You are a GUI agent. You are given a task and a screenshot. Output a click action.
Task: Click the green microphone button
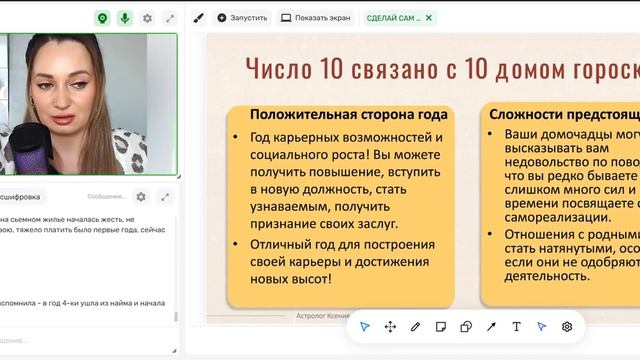click(x=125, y=18)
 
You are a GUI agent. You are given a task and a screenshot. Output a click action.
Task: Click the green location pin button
click(x=102, y=18)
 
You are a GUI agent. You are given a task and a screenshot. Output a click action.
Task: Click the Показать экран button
click(x=316, y=18)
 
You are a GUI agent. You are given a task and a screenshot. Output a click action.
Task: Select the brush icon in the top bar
click(x=198, y=18)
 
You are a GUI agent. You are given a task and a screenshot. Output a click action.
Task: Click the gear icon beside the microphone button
click(x=148, y=18)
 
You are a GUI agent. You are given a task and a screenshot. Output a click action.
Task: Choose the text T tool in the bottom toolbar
click(x=516, y=327)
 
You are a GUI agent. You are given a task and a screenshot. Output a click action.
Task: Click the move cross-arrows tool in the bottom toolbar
click(x=390, y=327)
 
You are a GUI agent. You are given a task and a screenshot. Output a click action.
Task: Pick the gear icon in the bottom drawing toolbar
click(x=567, y=327)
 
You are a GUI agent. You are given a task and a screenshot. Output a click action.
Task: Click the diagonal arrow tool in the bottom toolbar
click(x=491, y=327)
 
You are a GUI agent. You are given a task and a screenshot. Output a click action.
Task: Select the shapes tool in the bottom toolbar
click(x=466, y=327)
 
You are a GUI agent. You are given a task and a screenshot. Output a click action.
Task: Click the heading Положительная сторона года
click(x=348, y=114)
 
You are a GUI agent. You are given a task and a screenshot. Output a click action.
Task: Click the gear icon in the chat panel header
click(x=141, y=197)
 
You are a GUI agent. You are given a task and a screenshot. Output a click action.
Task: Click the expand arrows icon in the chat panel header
click(x=165, y=197)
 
